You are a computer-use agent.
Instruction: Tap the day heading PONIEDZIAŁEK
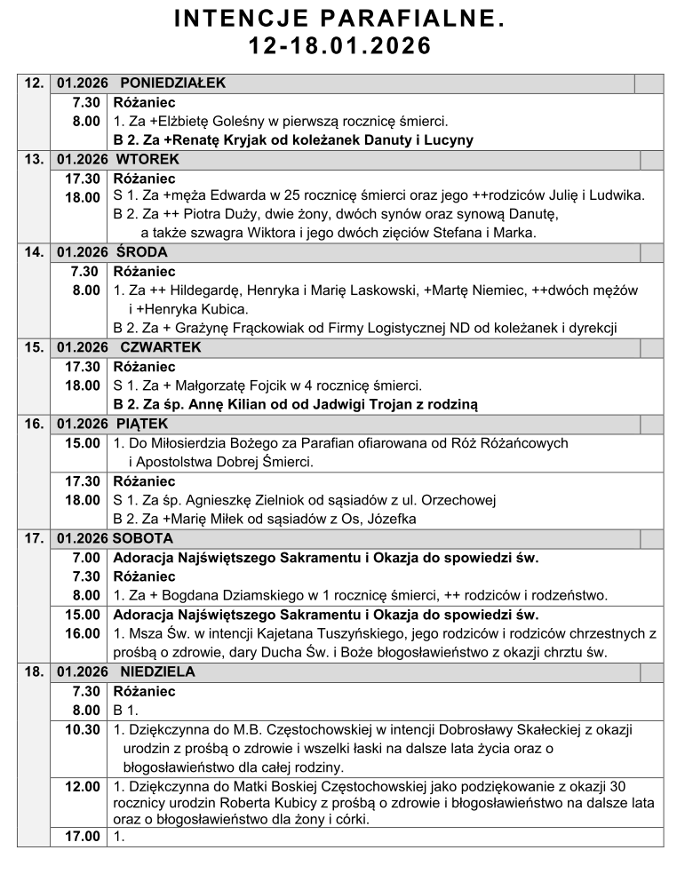173,83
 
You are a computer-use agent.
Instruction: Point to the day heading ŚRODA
141,252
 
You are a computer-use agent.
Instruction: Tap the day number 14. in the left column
35,252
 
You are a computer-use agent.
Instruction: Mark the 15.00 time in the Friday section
82,442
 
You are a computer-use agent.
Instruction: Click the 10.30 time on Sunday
82,730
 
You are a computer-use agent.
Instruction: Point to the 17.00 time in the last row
82,836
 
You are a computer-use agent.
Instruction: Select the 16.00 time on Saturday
82,633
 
